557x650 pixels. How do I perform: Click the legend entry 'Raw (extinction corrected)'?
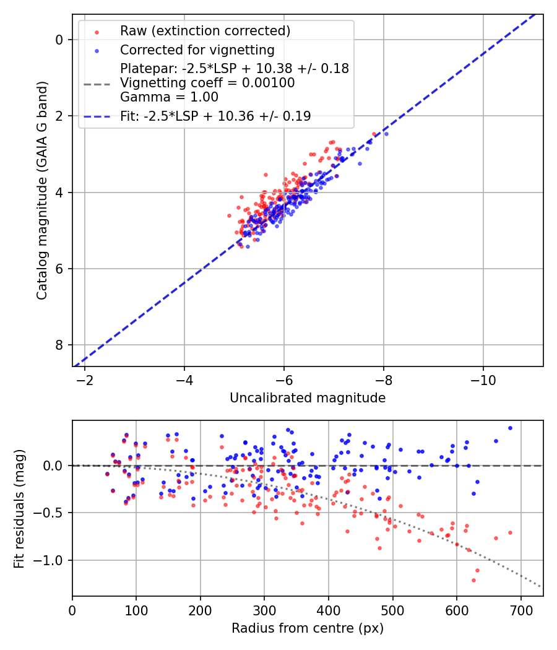[x=205, y=31]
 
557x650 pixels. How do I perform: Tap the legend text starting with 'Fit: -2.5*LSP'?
[x=215, y=116]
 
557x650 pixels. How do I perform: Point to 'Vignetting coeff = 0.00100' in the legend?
[x=207, y=82]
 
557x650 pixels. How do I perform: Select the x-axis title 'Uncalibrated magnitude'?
[x=308, y=398]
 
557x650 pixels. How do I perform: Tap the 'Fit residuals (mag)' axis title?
[x=19, y=508]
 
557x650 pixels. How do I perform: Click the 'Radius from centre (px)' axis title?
[x=308, y=628]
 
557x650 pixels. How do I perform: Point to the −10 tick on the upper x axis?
[x=483, y=379]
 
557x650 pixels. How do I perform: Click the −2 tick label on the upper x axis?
[x=85, y=379]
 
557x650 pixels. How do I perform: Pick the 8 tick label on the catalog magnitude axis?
[x=59, y=345]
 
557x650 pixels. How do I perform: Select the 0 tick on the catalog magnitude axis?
[x=59, y=40]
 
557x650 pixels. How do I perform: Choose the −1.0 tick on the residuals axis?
[x=53, y=560]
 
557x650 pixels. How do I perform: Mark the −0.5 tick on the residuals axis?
[x=53, y=513]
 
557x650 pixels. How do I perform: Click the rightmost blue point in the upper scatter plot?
[x=386, y=134]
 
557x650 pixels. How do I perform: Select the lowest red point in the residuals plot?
[x=473, y=580]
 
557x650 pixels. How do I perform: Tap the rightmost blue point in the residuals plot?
[x=510, y=428]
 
